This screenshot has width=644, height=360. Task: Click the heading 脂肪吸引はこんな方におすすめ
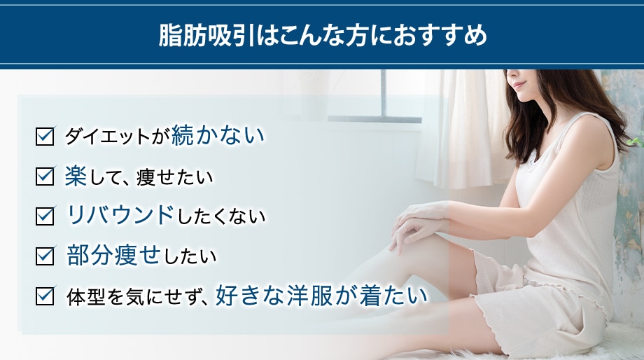(x=322, y=35)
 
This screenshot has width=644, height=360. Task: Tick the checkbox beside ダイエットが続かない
(x=44, y=136)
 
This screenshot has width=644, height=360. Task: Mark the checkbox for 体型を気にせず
(x=44, y=296)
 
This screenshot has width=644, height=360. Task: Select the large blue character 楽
(x=75, y=175)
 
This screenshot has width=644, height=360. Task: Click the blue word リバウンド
(x=120, y=215)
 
